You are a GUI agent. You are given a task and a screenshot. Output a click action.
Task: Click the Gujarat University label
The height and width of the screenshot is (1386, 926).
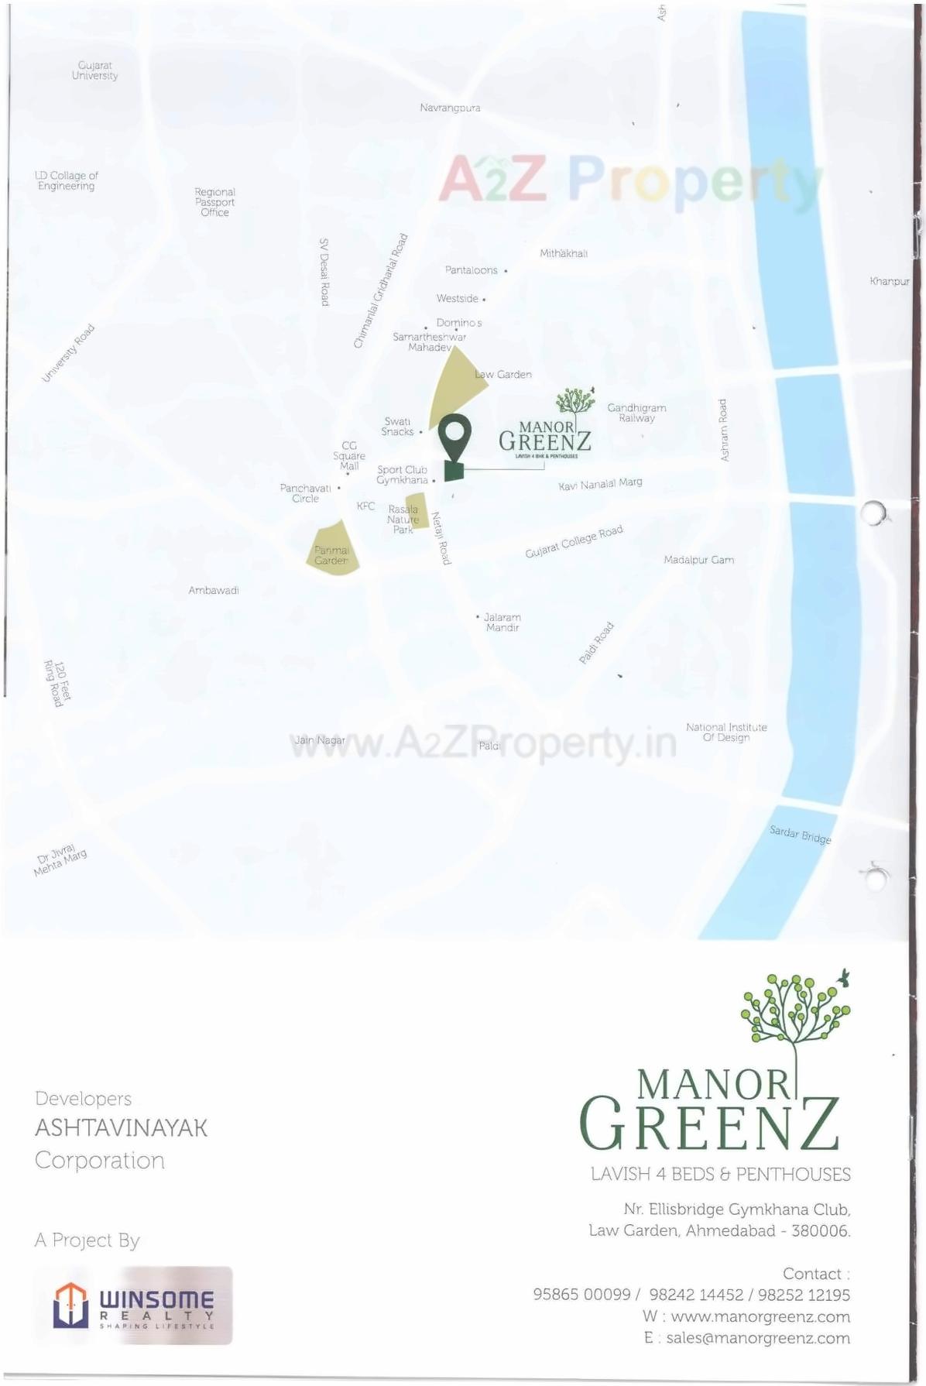[x=94, y=70]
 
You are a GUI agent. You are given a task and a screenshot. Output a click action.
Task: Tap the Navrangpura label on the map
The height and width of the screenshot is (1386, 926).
[x=450, y=108]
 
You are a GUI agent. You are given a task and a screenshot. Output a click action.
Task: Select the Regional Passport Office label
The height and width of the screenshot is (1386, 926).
[x=214, y=202]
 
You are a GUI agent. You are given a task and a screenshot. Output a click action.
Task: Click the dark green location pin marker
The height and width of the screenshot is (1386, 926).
[x=454, y=438]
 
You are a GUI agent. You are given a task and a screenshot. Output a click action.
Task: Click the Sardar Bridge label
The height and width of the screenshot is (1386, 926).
[x=800, y=835]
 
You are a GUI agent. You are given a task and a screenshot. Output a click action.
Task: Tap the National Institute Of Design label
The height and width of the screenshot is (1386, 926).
[x=726, y=732]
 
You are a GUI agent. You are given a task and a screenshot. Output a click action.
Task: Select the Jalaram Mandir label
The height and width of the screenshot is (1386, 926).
[x=502, y=623]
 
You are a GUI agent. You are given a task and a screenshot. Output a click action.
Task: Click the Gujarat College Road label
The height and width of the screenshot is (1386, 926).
[x=574, y=541]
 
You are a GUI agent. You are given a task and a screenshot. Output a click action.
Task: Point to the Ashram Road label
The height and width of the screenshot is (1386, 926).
[x=723, y=431]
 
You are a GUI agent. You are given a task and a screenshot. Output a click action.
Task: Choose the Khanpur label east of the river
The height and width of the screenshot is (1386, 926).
[x=889, y=281]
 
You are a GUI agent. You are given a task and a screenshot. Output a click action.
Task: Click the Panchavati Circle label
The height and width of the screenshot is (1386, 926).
[x=305, y=493]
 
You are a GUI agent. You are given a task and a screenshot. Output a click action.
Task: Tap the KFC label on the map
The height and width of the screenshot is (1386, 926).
[x=365, y=506]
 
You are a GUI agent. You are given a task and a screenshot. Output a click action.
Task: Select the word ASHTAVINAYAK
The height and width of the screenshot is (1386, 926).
[x=121, y=1128]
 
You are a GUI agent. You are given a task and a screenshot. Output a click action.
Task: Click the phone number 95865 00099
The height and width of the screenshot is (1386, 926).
[x=581, y=1295]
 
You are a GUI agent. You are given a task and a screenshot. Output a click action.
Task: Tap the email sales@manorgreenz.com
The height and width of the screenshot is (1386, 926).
[x=757, y=1338]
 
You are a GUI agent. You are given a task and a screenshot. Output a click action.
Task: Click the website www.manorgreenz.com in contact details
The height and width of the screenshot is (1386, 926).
[x=760, y=1316]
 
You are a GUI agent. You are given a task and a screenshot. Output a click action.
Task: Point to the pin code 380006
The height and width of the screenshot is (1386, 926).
[x=820, y=1230]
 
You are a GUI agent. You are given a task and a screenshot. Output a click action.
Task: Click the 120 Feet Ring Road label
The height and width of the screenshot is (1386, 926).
[x=58, y=683]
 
